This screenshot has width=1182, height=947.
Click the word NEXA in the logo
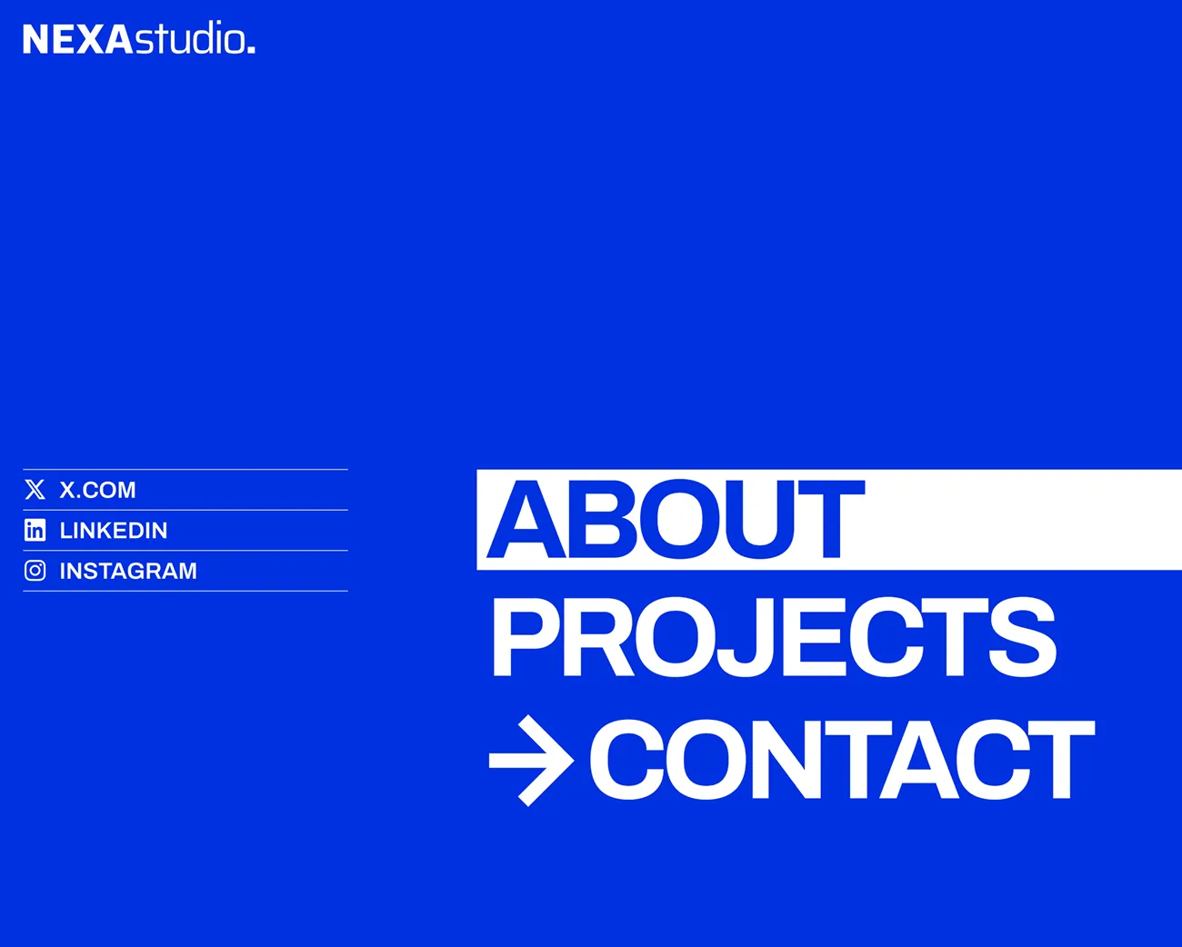pos(77,39)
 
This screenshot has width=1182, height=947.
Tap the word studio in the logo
pos(189,37)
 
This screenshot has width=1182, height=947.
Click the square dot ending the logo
pos(251,50)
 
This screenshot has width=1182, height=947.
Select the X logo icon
pos(35,489)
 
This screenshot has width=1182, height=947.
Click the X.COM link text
pos(97,490)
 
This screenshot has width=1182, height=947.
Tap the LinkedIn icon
pos(35,530)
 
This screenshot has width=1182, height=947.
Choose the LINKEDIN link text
pos(113,531)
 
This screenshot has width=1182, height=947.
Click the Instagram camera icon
pos(35,571)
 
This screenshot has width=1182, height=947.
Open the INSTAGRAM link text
pos(128,571)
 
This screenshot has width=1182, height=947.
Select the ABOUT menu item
pos(676,519)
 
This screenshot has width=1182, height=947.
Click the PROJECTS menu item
pos(774,638)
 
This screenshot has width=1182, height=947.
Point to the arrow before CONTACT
pos(531,761)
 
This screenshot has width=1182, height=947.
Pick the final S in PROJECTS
pos(1022,638)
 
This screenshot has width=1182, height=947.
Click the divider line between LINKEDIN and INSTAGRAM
pos(185,550)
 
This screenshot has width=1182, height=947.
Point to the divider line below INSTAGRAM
pos(185,591)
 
